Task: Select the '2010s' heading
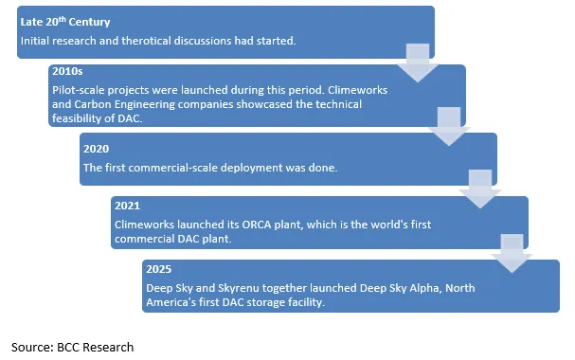[x=67, y=72]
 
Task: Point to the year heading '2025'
[x=158, y=269]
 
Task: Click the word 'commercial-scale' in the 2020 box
[x=171, y=168]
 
